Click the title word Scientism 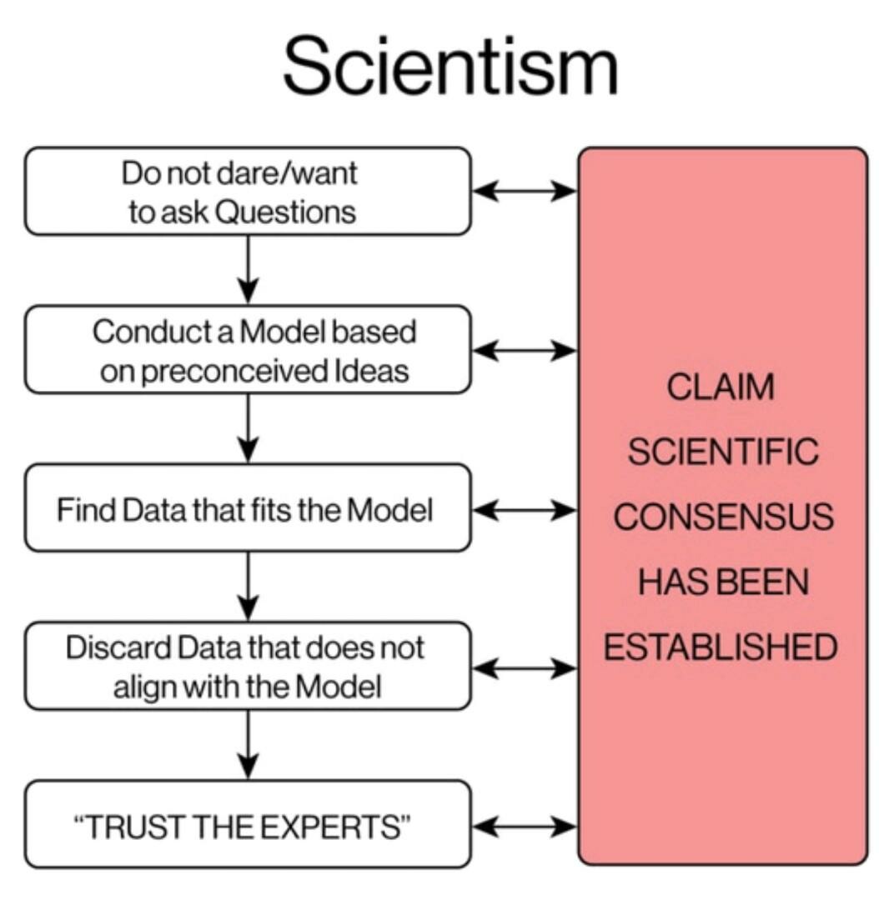[x=450, y=67]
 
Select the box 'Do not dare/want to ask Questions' [x=248, y=191]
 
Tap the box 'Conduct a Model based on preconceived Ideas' [x=248, y=349]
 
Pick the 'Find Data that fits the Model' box [x=248, y=507]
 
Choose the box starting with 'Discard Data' [x=248, y=666]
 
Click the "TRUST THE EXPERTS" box [x=248, y=824]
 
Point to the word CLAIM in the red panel [x=721, y=387]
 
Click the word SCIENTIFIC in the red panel [x=721, y=452]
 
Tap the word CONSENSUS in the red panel [x=721, y=517]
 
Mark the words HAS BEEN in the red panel [x=721, y=582]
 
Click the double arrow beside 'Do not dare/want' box [x=525, y=191]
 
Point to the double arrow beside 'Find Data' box [x=525, y=508]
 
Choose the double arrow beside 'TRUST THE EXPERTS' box [x=525, y=826]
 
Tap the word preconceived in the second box [x=225, y=370]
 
